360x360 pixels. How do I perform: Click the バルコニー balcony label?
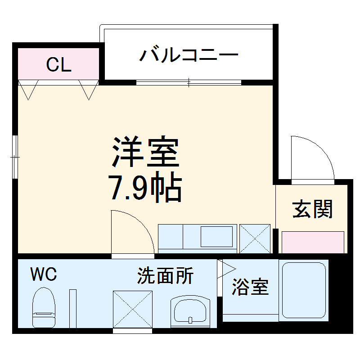[x=188, y=56]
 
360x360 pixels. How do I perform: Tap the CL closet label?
[x=59, y=66]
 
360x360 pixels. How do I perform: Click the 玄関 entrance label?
[x=313, y=209]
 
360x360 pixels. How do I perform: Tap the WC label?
[x=44, y=274]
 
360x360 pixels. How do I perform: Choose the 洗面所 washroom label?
[x=165, y=276]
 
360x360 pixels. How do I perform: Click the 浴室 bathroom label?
[x=250, y=287]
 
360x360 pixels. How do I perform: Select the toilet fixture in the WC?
[x=44, y=307]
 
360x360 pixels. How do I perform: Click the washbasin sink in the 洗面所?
[x=190, y=311]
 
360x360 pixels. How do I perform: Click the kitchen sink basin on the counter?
[x=216, y=237]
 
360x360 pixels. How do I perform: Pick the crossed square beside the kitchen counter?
[x=255, y=238]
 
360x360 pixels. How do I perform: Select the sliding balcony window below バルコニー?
[x=189, y=82]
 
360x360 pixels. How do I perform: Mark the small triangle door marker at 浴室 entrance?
[x=225, y=269]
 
